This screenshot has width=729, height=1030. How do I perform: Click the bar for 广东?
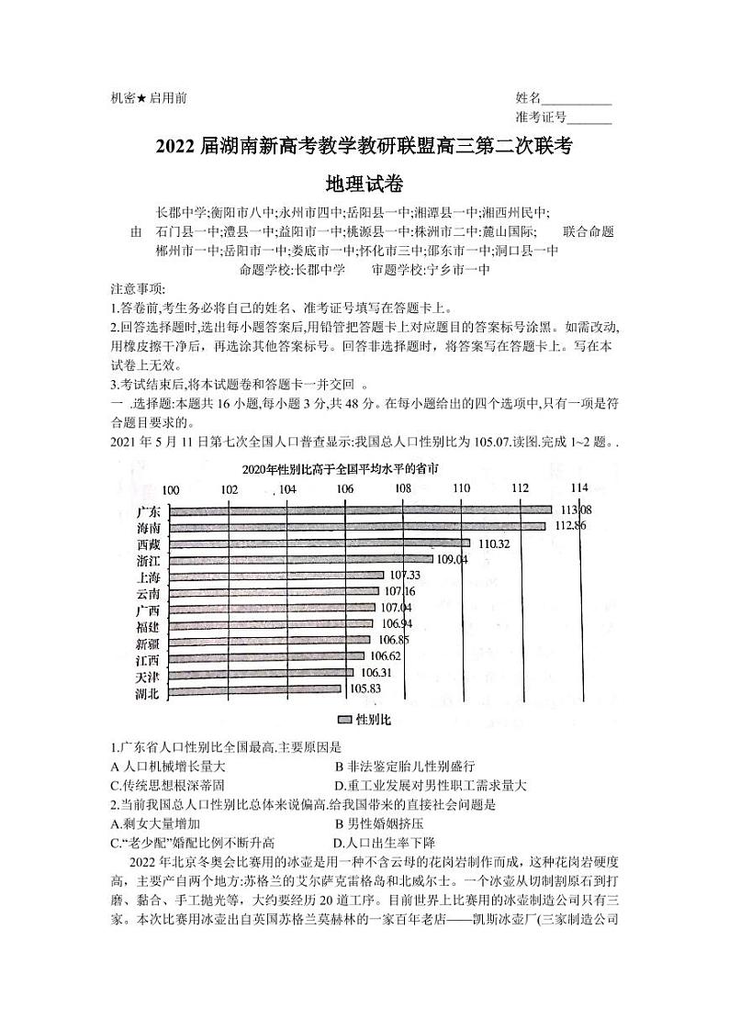click(360, 510)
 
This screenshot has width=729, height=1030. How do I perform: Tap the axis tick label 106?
click(344, 489)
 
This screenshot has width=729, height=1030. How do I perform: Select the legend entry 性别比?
click(365, 720)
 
